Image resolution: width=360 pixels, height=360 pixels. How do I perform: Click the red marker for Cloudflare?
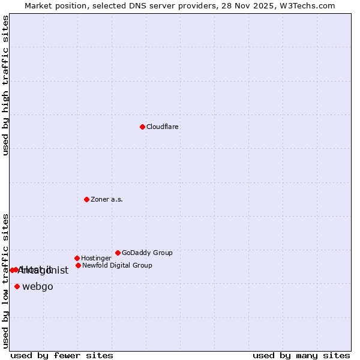pyautogui.click(x=142, y=127)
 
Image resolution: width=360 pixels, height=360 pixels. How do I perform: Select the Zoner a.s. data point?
pyautogui.click(x=86, y=199)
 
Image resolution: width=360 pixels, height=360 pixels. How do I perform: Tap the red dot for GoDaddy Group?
pyautogui.click(x=118, y=253)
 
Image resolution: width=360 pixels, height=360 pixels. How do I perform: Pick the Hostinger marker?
pyautogui.click(x=77, y=258)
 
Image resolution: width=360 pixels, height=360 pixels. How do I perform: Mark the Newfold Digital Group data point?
pyautogui.click(x=78, y=265)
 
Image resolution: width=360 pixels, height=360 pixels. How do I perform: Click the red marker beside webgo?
pyautogui.click(x=17, y=286)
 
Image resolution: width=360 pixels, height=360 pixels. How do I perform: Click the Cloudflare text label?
pyautogui.click(x=163, y=127)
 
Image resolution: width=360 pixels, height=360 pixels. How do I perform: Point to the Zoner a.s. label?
pyautogui.click(x=107, y=200)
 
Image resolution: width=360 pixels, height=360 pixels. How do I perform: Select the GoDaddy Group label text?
pyautogui.click(x=147, y=253)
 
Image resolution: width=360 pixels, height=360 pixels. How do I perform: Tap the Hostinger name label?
pyautogui.click(x=96, y=259)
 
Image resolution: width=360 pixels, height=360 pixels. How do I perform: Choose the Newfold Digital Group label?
pyautogui.click(x=117, y=266)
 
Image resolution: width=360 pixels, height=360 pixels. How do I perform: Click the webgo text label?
pyautogui.click(x=38, y=287)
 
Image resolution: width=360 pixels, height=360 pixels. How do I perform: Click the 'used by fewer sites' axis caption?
pyautogui.click(x=62, y=355)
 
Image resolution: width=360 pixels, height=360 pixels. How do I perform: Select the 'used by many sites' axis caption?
pyautogui.click(x=301, y=355)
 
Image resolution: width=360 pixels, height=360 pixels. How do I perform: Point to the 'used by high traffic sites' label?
pyautogui.click(x=6, y=85)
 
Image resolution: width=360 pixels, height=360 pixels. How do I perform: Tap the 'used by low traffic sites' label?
pyautogui.click(x=6, y=280)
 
